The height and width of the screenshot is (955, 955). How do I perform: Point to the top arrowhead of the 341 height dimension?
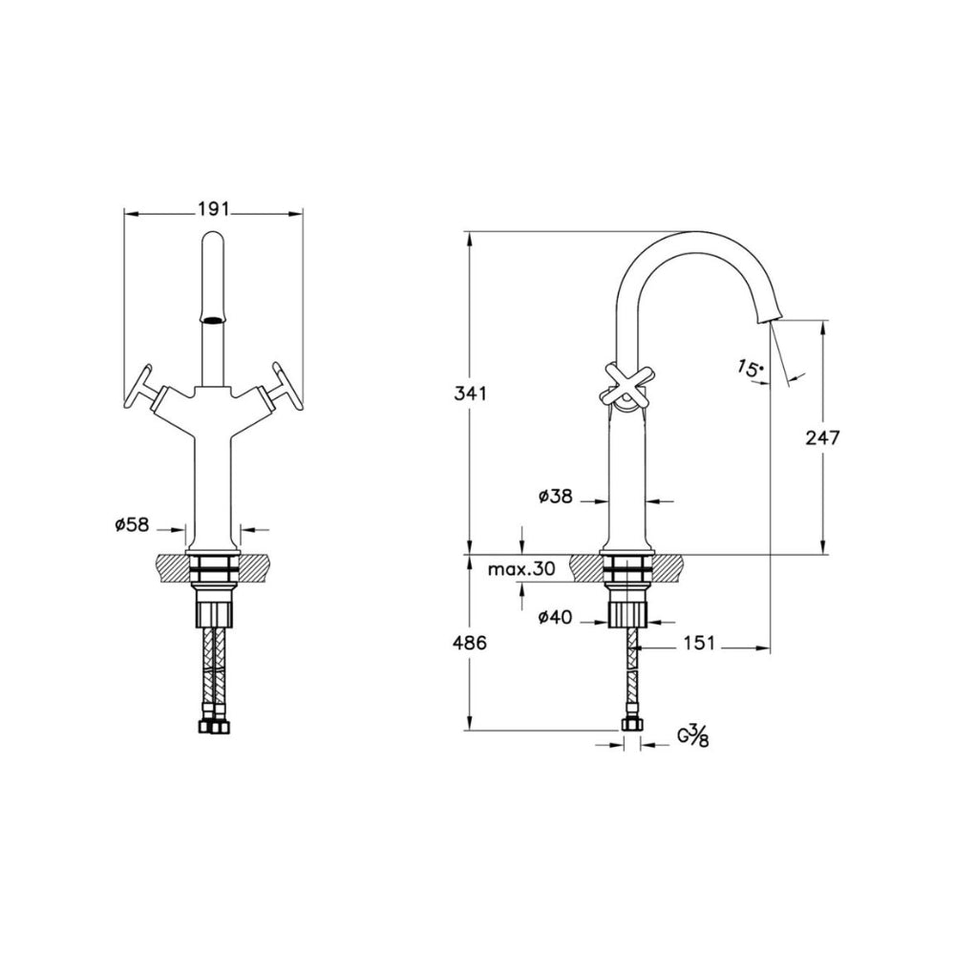coord(469,240)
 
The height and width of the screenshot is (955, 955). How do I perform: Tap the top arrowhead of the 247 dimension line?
coord(823,329)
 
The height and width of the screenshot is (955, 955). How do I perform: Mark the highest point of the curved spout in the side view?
coord(694,231)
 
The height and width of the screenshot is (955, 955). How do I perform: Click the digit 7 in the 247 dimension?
coord(834,437)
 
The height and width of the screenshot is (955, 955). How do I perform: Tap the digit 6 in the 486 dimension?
coord(480,643)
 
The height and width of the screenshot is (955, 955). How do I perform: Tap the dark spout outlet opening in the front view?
coord(213,320)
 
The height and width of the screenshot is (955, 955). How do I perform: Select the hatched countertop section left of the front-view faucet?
coord(172,566)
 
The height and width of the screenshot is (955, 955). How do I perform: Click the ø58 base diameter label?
coord(132,524)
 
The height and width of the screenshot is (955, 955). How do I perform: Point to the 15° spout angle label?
coord(749,368)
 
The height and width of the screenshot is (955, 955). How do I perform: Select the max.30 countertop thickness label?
coord(522,569)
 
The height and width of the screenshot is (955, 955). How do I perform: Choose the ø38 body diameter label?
coord(556,497)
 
